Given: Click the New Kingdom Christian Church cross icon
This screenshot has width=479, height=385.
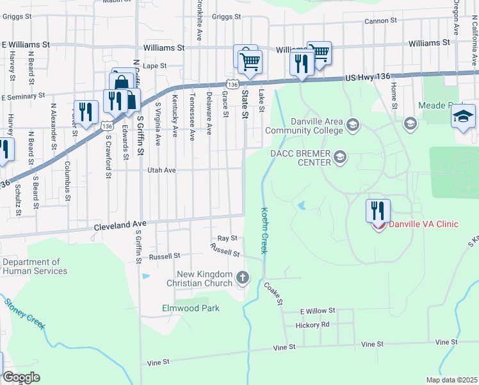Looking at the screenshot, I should pyautogui.click(x=243, y=278).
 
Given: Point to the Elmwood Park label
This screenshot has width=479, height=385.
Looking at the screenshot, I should pyautogui.click(x=190, y=308).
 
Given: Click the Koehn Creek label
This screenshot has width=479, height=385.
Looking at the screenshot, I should pyautogui.click(x=264, y=230).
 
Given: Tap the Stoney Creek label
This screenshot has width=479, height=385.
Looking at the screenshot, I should pyautogui.click(x=24, y=314).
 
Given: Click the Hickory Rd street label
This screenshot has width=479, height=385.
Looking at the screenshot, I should pyautogui.click(x=313, y=325).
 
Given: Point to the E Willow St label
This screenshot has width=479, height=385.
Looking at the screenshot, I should pyautogui.click(x=318, y=311).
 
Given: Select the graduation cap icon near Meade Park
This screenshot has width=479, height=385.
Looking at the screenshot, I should pyautogui.click(x=463, y=116).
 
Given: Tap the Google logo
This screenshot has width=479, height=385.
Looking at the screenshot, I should pyautogui.click(x=21, y=377).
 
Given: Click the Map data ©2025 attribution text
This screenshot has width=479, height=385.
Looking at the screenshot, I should pyautogui.click(x=451, y=380).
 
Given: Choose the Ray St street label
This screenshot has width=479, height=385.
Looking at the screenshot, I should pyautogui.click(x=227, y=238).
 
